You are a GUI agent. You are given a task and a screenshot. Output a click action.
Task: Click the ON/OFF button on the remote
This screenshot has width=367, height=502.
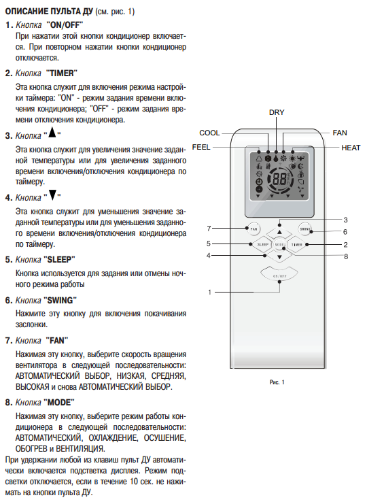click(x=279, y=274)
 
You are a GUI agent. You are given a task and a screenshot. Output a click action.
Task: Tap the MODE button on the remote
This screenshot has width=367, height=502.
click(x=279, y=245)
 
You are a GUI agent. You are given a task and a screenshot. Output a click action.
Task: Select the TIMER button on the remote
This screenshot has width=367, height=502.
click(x=297, y=245)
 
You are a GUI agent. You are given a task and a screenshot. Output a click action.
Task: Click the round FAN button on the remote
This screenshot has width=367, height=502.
click(x=254, y=229)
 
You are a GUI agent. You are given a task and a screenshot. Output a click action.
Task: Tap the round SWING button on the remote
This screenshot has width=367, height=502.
click(x=305, y=229)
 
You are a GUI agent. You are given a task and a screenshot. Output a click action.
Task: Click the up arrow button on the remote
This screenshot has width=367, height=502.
click(x=279, y=231)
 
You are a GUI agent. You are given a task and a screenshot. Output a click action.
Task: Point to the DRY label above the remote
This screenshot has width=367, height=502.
click(x=277, y=112)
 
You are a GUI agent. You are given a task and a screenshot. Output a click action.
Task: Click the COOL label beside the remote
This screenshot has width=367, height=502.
click(x=209, y=133)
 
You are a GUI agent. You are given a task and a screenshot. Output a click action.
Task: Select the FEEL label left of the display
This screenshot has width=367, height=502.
click(x=201, y=148)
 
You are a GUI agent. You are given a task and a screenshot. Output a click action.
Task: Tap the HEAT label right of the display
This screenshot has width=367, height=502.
click(x=351, y=148)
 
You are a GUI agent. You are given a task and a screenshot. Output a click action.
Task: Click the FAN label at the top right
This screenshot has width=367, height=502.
click(x=340, y=133)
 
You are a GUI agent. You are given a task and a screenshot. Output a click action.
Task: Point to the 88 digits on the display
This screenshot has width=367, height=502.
click(x=279, y=180)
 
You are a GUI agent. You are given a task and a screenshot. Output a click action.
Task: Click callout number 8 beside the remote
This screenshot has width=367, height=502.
click(x=346, y=256)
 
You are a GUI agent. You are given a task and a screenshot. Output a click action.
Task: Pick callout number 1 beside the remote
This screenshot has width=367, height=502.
click(x=209, y=292)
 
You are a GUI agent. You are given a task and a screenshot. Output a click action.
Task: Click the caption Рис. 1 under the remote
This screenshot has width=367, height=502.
click(x=277, y=382)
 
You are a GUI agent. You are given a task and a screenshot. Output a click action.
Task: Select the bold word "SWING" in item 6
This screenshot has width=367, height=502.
click(x=60, y=300)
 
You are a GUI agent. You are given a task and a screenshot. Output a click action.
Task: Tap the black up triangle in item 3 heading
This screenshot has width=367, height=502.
click(x=52, y=132)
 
